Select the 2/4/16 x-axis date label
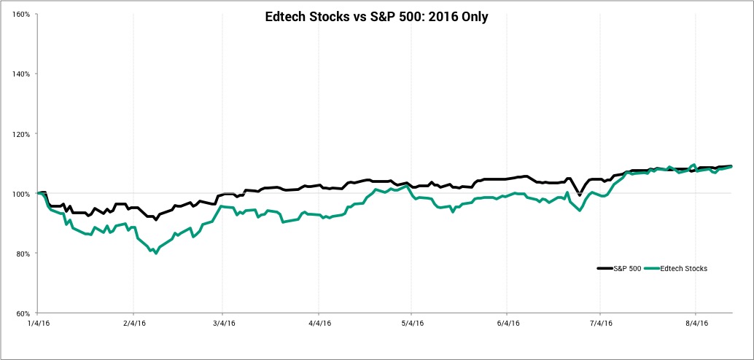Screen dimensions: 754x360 [133, 324]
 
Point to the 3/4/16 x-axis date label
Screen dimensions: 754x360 [222, 324]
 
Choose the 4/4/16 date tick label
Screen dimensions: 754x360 [319, 324]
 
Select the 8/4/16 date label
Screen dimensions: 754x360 [695, 324]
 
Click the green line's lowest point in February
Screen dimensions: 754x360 [155, 253]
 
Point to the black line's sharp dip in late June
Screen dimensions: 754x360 [580, 195]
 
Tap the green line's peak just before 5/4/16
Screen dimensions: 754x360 [407, 186]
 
